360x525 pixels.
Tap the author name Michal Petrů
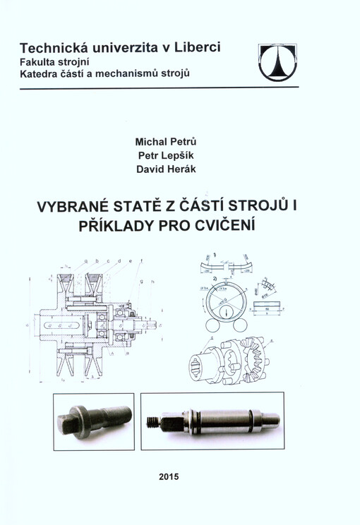(169, 141)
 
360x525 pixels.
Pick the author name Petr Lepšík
(169, 155)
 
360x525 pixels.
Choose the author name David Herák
(169, 169)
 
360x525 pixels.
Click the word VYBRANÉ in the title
(68, 209)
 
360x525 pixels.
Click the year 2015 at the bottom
(169, 476)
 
